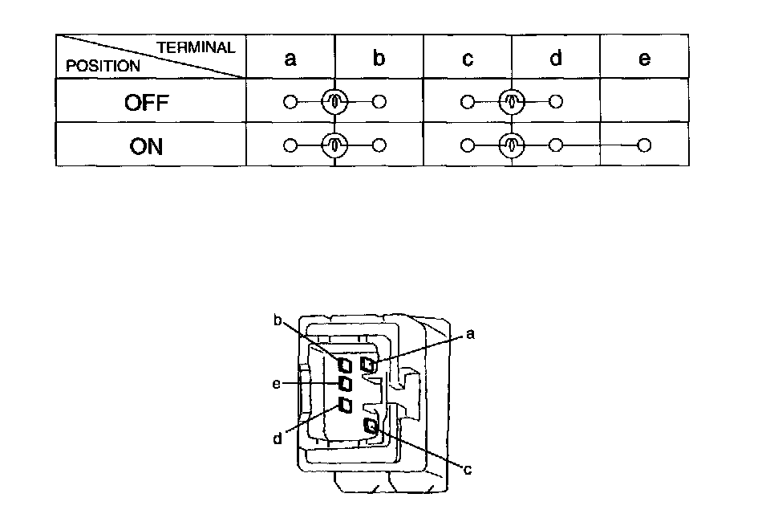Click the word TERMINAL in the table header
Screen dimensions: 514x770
pyautogui.click(x=196, y=47)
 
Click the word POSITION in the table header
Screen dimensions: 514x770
pyautogui.click(x=103, y=66)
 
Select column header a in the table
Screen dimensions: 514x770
pyautogui.click(x=291, y=58)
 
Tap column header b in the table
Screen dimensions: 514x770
pyautogui.click(x=379, y=58)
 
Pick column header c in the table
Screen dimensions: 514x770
pyautogui.click(x=468, y=58)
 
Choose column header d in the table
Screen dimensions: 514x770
pyautogui.click(x=556, y=58)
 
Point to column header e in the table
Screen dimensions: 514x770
pyautogui.click(x=644, y=58)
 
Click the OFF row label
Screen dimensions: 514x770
pyautogui.click(x=147, y=102)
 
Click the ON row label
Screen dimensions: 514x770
pyautogui.click(x=146, y=146)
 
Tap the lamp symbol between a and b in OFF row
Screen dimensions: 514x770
pyautogui.click(x=335, y=102)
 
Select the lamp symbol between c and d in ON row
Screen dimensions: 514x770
pyautogui.click(x=512, y=146)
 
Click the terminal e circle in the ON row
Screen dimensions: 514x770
pyautogui.click(x=643, y=145)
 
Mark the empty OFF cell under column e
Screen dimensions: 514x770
pyautogui.click(x=644, y=101)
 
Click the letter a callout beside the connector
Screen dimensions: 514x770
pyautogui.click(x=470, y=334)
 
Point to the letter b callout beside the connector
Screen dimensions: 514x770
pyautogui.click(x=278, y=320)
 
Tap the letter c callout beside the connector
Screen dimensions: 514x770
pyautogui.click(x=467, y=470)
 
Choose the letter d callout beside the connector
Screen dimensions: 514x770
pyautogui.click(x=278, y=439)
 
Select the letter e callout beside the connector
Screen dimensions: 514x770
pyautogui.click(x=276, y=384)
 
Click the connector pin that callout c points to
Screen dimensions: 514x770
pyautogui.click(x=371, y=426)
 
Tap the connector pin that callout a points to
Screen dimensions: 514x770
pyautogui.click(x=368, y=365)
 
